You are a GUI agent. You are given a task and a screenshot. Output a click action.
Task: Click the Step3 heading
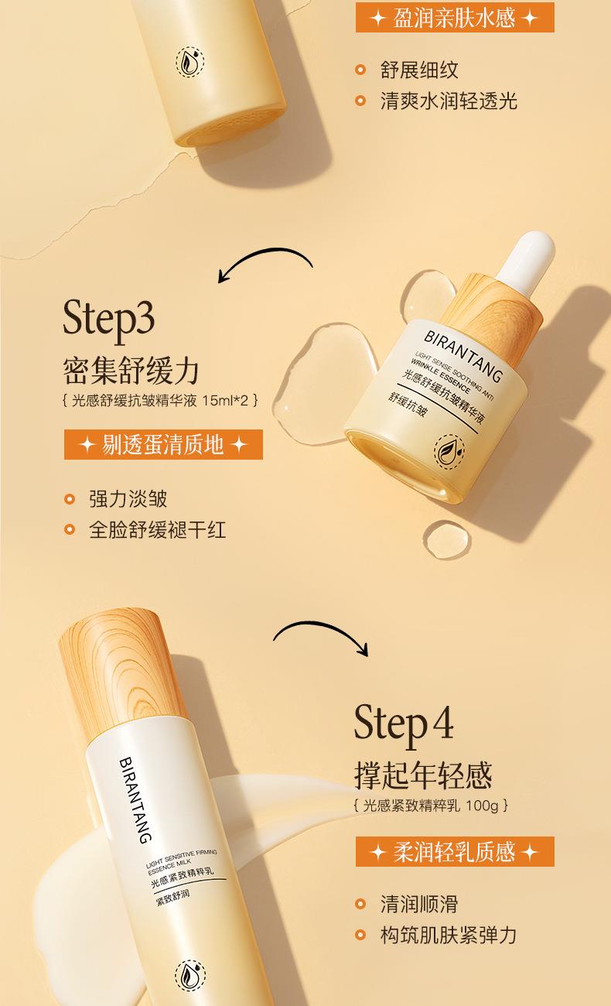[x=108, y=320]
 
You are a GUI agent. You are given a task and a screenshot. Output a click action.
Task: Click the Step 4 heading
[x=403, y=724]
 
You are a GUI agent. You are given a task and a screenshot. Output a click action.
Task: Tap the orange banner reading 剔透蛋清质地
[x=163, y=445]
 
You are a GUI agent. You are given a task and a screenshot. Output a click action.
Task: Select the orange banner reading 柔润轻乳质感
[x=455, y=851]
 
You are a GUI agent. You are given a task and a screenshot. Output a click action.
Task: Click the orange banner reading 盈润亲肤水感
[x=455, y=18]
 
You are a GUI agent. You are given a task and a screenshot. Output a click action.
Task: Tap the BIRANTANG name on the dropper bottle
[x=463, y=357]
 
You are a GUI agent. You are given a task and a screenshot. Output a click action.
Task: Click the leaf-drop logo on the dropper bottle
[x=449, y=452]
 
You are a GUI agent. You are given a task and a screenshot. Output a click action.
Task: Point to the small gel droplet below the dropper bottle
[x=447, y=539]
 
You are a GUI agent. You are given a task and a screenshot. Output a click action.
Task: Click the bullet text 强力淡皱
[x=128, y=499]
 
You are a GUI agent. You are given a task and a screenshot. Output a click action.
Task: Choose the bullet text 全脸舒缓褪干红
[x=157, y=530]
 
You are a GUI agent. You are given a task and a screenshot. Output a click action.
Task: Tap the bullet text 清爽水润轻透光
[x=449, y=101]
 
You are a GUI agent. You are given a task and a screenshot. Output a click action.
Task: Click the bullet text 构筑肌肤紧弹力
[x=449, y=935]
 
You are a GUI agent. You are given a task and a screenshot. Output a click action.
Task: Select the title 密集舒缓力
[x=131, y=371]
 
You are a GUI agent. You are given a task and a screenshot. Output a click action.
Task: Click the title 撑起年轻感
[x=423, y=775]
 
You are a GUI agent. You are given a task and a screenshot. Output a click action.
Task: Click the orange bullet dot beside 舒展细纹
[x=360, y=70]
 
